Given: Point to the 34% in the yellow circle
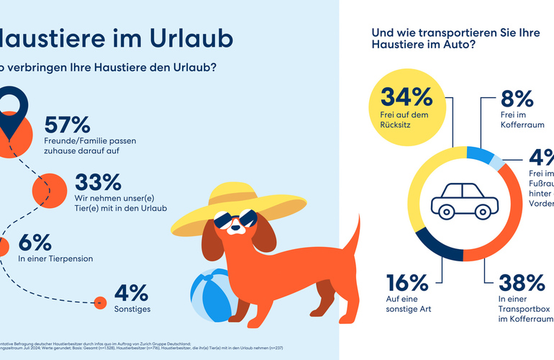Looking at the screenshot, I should pyautogui.click(x=406, y=97).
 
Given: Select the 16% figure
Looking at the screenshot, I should pyautogui.click(x=408, y=282).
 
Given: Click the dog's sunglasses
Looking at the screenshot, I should pyautogui.click(x=237, y=220).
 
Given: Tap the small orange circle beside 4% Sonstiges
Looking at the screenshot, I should pyautogui.click(x=101, y=303).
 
